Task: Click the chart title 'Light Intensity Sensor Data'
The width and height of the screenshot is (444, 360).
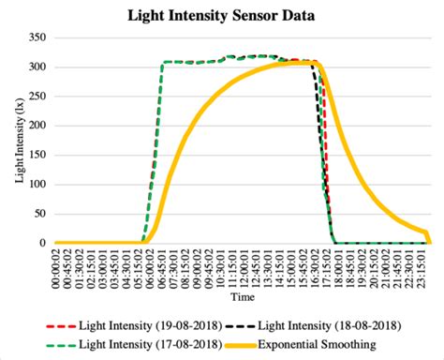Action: coord(221,17)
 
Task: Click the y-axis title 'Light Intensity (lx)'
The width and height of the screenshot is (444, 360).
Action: coord(19,141)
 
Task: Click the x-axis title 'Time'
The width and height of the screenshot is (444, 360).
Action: coord(243,297)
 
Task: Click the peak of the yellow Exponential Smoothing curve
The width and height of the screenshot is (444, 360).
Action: coord(298,63)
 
